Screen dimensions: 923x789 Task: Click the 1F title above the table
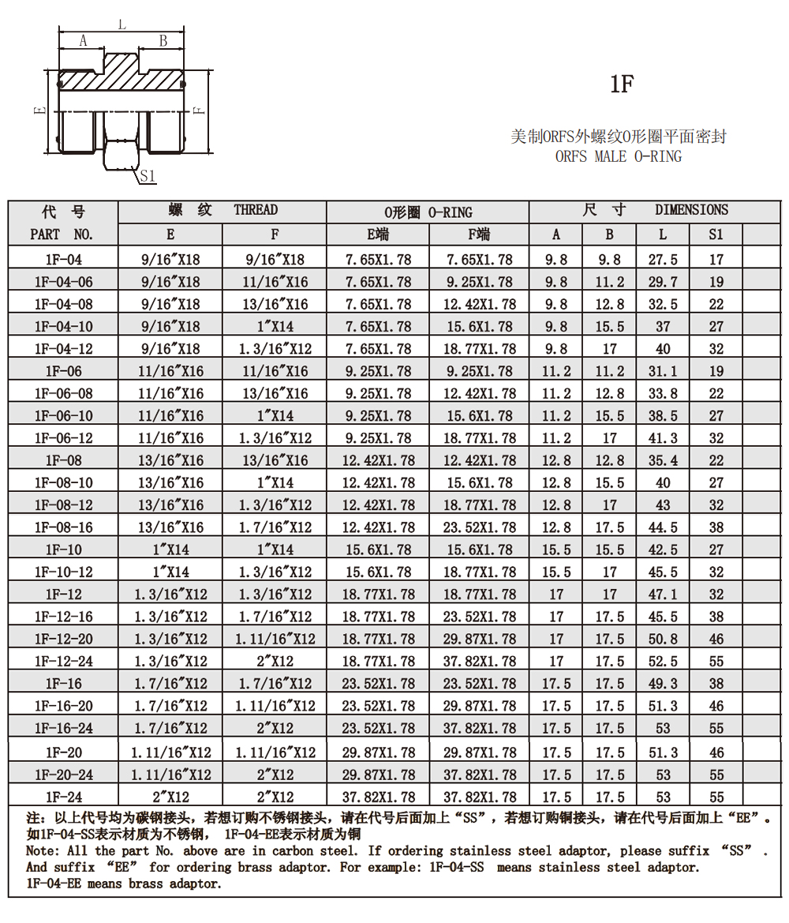point(622,84)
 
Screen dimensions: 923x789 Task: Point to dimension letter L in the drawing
point(122,24)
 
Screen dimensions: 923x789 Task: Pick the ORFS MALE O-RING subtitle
point(619,156)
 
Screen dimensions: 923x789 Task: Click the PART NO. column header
point(62,235)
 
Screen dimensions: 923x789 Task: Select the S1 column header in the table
point(716,235)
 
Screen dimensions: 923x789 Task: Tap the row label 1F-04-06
point(63,282)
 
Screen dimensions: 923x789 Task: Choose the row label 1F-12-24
point(63,662)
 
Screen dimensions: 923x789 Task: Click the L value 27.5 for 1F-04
point(663,260)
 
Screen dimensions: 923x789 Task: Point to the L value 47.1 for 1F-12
point(663,595)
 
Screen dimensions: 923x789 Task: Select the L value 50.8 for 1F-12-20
point(663,640)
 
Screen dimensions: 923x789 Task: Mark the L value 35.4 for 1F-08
point(663,460)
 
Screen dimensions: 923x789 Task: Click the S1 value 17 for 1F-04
point(716,260)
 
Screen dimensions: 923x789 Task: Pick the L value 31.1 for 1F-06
point(663,371)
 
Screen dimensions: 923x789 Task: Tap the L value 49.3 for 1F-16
point(663,684)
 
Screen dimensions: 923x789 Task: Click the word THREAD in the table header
point(256,210)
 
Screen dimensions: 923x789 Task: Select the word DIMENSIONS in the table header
point(691,210)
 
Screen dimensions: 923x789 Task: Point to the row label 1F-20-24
point(63,775)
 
